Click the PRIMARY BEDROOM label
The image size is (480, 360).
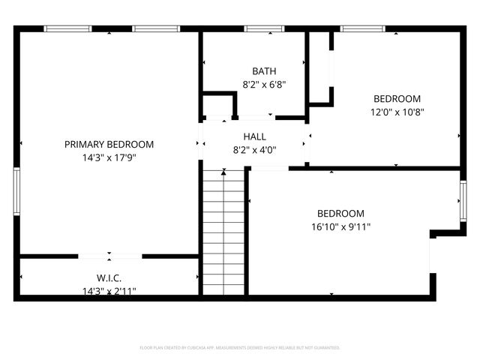[x=109, y=145]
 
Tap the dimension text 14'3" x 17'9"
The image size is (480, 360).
[x=109, y=157]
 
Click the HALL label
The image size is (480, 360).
[x=254, y=136]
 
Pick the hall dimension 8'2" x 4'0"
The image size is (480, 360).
[x=254, y=149]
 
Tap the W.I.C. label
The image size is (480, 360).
[x=109, y=278]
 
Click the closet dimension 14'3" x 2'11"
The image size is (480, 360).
[x=109, y=291]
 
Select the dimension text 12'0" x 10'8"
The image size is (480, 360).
[x=397, y=112]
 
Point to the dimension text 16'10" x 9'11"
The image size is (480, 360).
[x=340, y=226]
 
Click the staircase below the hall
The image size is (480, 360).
[x=224, y=232]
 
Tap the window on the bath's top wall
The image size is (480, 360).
[x=259, y=28]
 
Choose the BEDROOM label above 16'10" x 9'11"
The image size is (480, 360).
[x=340, y=214]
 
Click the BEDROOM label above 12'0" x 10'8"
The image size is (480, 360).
[x=397, y=99]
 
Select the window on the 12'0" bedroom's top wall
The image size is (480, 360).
[x=363, y=28]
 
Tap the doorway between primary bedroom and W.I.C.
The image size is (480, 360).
[x=110, y=256]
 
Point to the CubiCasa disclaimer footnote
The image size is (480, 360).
[x=240, y=348]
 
